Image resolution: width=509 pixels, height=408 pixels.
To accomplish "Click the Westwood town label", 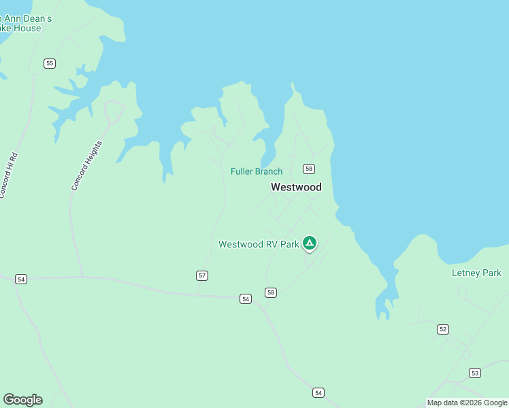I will point(296,187).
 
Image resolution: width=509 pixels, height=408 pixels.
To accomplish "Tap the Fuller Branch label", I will point(256,171).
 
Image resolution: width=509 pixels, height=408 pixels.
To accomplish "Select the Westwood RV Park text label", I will point(259,244).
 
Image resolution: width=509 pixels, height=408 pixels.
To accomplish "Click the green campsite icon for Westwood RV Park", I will point(309,243).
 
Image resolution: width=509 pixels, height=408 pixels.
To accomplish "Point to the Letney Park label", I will point(476,273).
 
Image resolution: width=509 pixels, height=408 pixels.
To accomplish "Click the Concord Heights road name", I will point(87,165).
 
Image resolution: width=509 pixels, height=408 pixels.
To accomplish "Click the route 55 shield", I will point(49,63).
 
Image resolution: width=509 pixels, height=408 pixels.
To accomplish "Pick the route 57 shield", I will point(202,275).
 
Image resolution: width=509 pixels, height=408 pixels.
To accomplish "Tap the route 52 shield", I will point(443,329).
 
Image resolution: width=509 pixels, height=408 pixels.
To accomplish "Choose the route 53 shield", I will point(474,373).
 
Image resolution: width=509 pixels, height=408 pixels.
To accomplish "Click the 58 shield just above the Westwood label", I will point(309,169).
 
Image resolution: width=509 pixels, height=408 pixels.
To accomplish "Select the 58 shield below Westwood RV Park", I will point(271,292).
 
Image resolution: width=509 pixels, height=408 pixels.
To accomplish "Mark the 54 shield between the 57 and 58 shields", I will point(246,299).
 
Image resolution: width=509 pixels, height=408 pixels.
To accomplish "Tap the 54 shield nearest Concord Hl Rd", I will point(21,279).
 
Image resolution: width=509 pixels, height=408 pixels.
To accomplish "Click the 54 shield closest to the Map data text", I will point(318,392).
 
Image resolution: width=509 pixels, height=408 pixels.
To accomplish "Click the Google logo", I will point(22,400).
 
